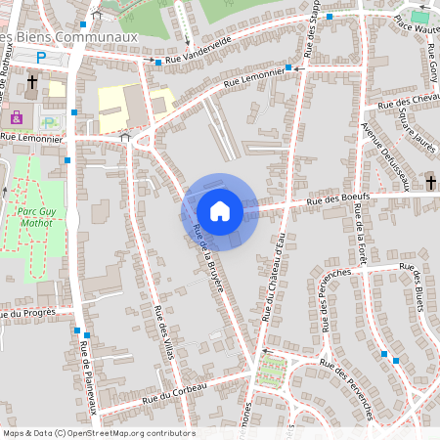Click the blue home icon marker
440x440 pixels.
tap(220, 211)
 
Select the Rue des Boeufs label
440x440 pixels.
tap(334, 200)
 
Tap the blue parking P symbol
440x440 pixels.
tap(41, 58)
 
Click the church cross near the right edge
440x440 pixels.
tap(431, 182)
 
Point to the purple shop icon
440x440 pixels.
tap(16, 117)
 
